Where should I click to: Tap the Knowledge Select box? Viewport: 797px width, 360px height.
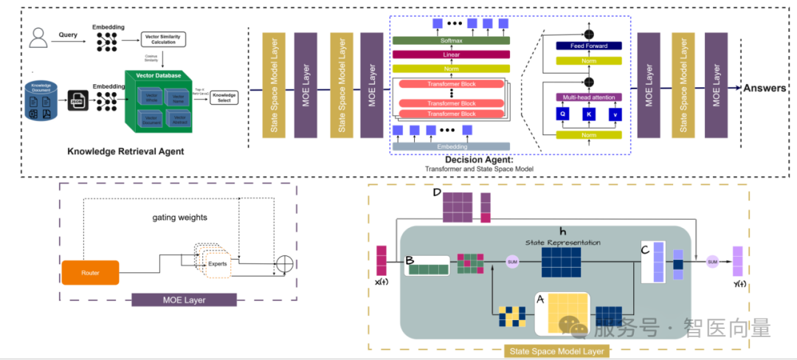(x=224, y=96)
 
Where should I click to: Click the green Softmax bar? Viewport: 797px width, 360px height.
(x=452, y=40)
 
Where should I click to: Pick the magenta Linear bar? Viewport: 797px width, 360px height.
(x=452, y=54)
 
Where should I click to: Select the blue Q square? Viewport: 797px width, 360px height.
(x=562, y=114)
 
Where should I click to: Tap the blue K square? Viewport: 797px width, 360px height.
(x=588, y=114)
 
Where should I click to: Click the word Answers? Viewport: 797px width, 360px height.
(x=765, y=89)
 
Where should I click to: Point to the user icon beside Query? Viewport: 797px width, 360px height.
(x=36, y=36)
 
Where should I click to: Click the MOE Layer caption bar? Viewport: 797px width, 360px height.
(x=184, y=300)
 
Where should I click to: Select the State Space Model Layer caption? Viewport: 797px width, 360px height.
(x=557, y=351)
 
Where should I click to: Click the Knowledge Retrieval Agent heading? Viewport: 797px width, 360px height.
(x=125, y=151)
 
